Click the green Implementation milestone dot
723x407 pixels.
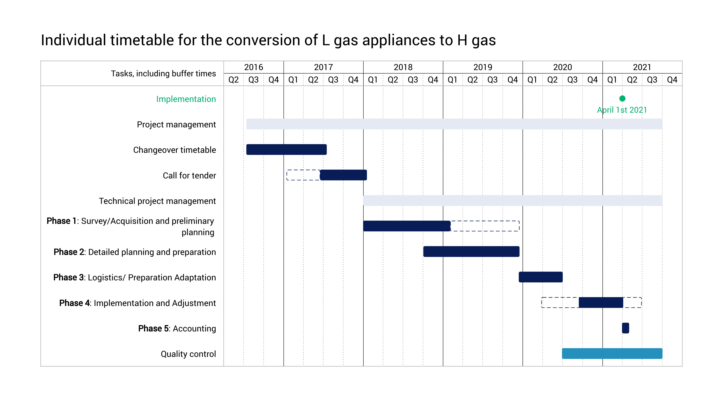pos(622,99)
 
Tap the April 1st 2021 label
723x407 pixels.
pos(622,110)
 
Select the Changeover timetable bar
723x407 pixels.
pos(286,149)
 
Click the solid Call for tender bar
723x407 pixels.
pos(343,175)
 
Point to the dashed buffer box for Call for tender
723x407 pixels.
pos(303,175)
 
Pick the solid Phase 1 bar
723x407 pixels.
pos(407,226)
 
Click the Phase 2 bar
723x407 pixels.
pos(471,251)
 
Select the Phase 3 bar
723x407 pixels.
pos(541,277)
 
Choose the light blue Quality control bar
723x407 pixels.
pos(612,353)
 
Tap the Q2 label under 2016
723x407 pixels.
pos(233,80)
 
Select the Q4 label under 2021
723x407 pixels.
pos(672,80)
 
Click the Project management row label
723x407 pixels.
pos(176,124)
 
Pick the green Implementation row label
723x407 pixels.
pos(186,99)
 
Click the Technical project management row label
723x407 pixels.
pos(157,201)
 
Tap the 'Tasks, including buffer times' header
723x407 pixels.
pos(163,74)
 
